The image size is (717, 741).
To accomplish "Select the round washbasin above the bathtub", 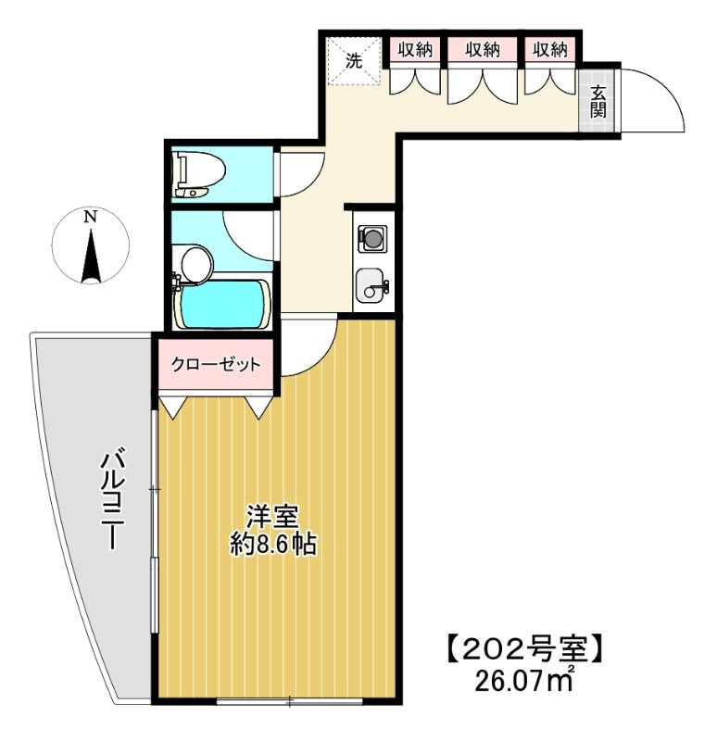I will (x=195, y=262).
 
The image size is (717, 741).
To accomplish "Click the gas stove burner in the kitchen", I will (x=372, y=238).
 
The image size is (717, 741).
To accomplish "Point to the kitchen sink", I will (x=372, y=283).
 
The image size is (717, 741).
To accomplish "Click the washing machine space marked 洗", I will (x=354, y=62).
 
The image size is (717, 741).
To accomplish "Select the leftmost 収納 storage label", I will (x=415, y=51).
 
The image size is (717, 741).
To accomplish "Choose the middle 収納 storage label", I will (x=483, y=51).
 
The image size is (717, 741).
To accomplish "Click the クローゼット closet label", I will (x=216, y=365).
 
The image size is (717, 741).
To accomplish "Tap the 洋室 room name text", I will (x=271, y=516).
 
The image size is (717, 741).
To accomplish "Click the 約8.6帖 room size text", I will (x=273, y=545).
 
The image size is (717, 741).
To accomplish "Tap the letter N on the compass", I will (x=90, y=219).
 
